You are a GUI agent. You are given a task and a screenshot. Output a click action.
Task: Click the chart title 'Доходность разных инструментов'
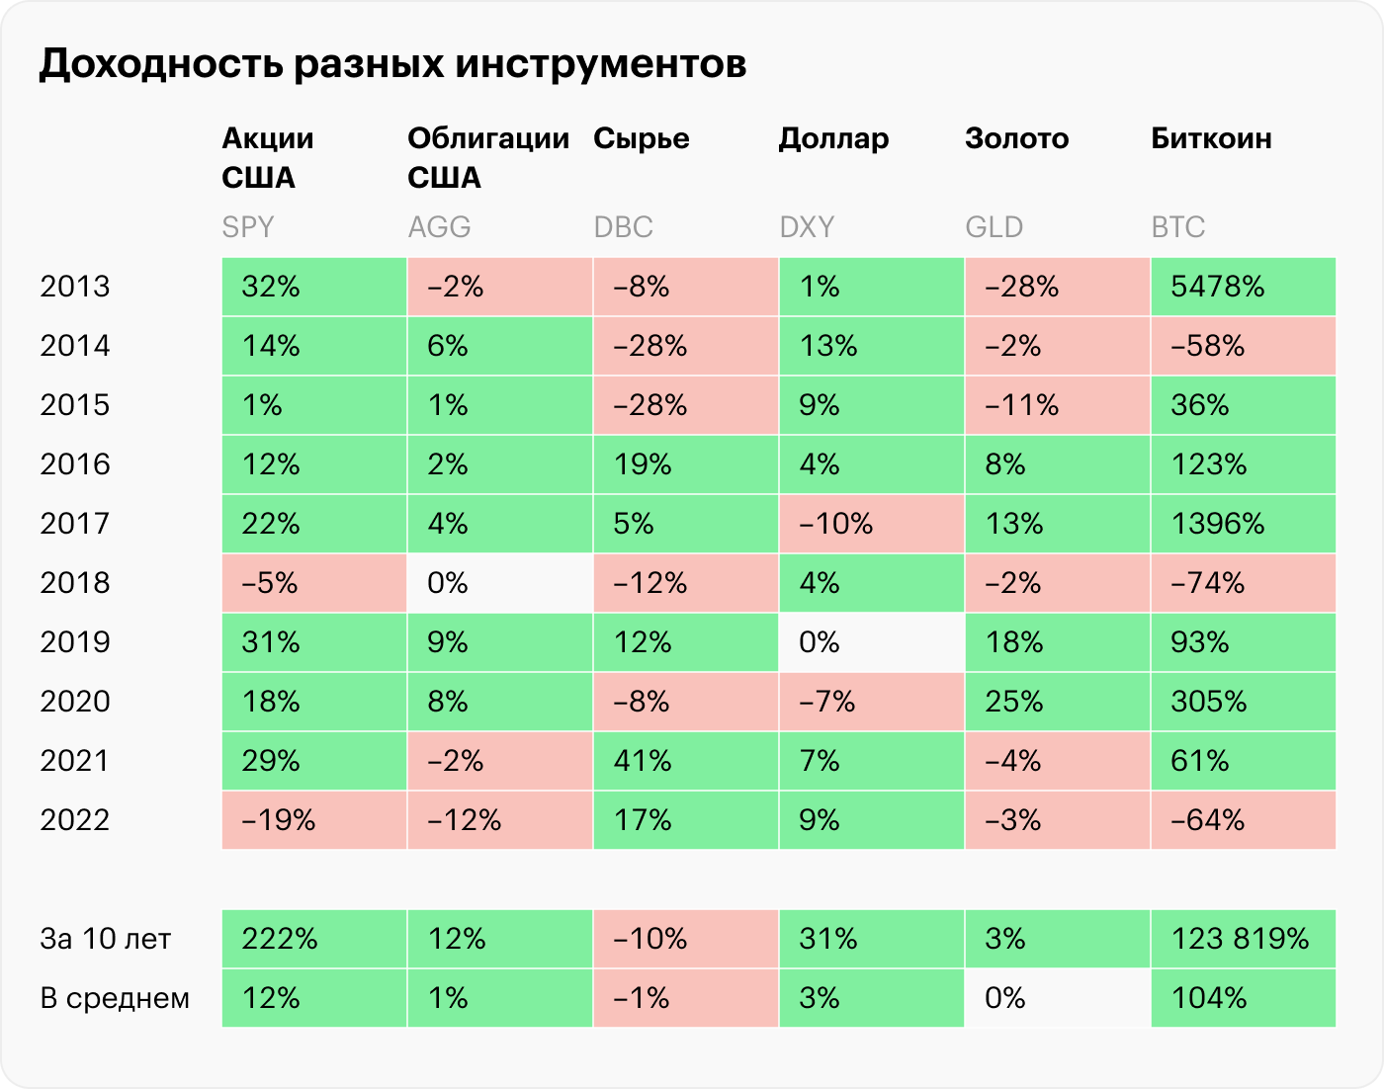coord(392,64)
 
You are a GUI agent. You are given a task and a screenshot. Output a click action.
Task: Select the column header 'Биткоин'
coord(1211,138)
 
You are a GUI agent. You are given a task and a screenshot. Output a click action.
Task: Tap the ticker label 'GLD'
coord(994,227)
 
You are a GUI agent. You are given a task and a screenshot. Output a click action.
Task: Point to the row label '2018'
coord(75,583)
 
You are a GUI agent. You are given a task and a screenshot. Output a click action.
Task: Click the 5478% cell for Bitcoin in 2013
coord(1243,287)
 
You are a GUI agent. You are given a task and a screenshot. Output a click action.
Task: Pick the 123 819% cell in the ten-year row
coord(1243,939)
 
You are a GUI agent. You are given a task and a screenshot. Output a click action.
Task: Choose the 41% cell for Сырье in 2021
coord(685,761)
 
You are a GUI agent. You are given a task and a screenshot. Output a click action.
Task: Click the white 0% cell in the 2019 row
coord(871,642)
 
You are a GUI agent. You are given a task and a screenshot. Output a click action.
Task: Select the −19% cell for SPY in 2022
coord(313,820)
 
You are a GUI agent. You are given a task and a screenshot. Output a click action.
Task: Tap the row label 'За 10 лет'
coord(106,939)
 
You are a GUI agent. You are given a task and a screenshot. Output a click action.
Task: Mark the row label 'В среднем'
coord(115,998)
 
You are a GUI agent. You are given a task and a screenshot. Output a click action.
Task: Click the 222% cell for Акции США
coord(313,939)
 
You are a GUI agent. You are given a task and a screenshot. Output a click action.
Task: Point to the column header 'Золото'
coord(1016,138)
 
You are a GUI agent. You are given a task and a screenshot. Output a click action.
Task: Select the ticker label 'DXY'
coord(807,227)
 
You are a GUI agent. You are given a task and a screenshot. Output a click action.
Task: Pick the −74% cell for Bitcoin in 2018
coord(1243,583)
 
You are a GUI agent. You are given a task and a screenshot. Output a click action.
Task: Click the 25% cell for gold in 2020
coord(1057,702)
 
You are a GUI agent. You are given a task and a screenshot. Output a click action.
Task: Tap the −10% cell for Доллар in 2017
coord(871,524)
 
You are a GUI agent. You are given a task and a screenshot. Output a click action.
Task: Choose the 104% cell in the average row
coord(1243,998)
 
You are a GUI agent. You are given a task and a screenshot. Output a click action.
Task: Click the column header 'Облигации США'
coord(488,158)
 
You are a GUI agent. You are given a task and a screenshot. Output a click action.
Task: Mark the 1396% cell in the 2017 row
coord(1243,524)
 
